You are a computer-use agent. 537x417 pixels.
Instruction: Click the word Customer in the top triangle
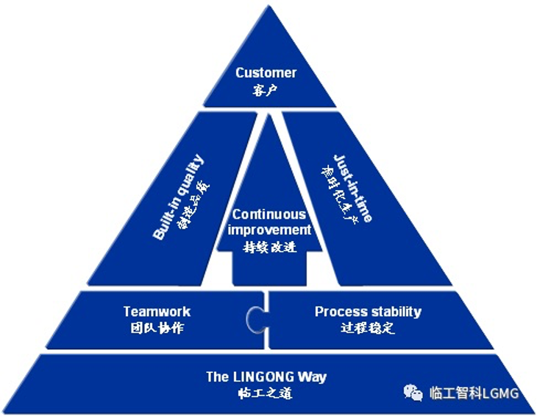point(266,73)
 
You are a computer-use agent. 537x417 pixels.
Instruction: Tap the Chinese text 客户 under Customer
point(266,90)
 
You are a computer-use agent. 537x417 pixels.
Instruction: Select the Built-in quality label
point(178,197)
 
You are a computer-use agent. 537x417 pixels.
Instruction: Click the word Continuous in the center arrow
point(269,214)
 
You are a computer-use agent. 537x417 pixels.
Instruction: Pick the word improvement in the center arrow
point(269,229)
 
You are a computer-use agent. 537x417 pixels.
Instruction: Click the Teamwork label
point(157,312)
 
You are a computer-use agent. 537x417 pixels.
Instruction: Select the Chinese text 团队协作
point(157,329)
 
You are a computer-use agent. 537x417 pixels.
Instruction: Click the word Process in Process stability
point(339,312)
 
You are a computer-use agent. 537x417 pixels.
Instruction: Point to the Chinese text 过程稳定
point(368,329)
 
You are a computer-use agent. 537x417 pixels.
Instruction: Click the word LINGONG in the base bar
point(266,377)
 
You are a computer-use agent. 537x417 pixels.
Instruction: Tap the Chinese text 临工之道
point(266,393)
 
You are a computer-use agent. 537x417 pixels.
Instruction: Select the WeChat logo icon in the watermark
point(413,392)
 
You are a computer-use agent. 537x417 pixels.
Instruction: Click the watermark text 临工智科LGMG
point(474,393)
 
